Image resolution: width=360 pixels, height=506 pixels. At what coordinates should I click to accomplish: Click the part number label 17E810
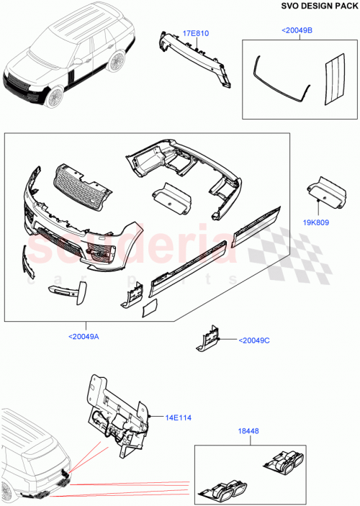point(196,33)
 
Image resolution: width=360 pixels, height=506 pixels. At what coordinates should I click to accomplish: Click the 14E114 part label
point(175,416)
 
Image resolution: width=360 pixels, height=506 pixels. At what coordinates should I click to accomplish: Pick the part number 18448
point(247,434)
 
